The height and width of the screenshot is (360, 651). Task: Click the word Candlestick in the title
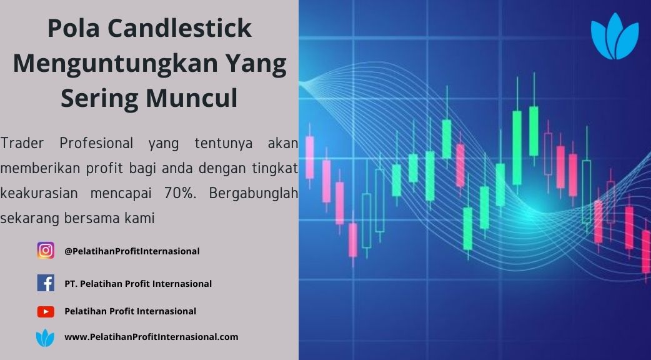coord(180,28)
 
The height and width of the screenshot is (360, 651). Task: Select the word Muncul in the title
coord(191,98)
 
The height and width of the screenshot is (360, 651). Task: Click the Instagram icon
coord(46,251)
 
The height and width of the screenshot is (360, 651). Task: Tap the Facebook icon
coord(46,282)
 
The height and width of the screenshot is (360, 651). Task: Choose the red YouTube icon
coord(46,311)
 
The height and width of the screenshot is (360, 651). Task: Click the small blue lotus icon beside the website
coord(45,337)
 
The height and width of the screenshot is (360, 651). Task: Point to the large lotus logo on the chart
coord(615,36)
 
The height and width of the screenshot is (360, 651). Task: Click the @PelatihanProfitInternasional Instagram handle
coord(132,251)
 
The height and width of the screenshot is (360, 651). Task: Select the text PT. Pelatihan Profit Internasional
coord(138,284)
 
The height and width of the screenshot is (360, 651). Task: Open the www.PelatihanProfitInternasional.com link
coord(151,337)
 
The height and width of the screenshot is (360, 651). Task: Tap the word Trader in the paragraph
coord(22,143)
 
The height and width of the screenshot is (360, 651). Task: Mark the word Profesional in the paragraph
coord(96,143)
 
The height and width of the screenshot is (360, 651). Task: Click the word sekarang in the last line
coord(30,218)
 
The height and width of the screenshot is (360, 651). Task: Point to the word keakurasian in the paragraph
coord(39,193)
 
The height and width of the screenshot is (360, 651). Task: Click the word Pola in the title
coord(73,28)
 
